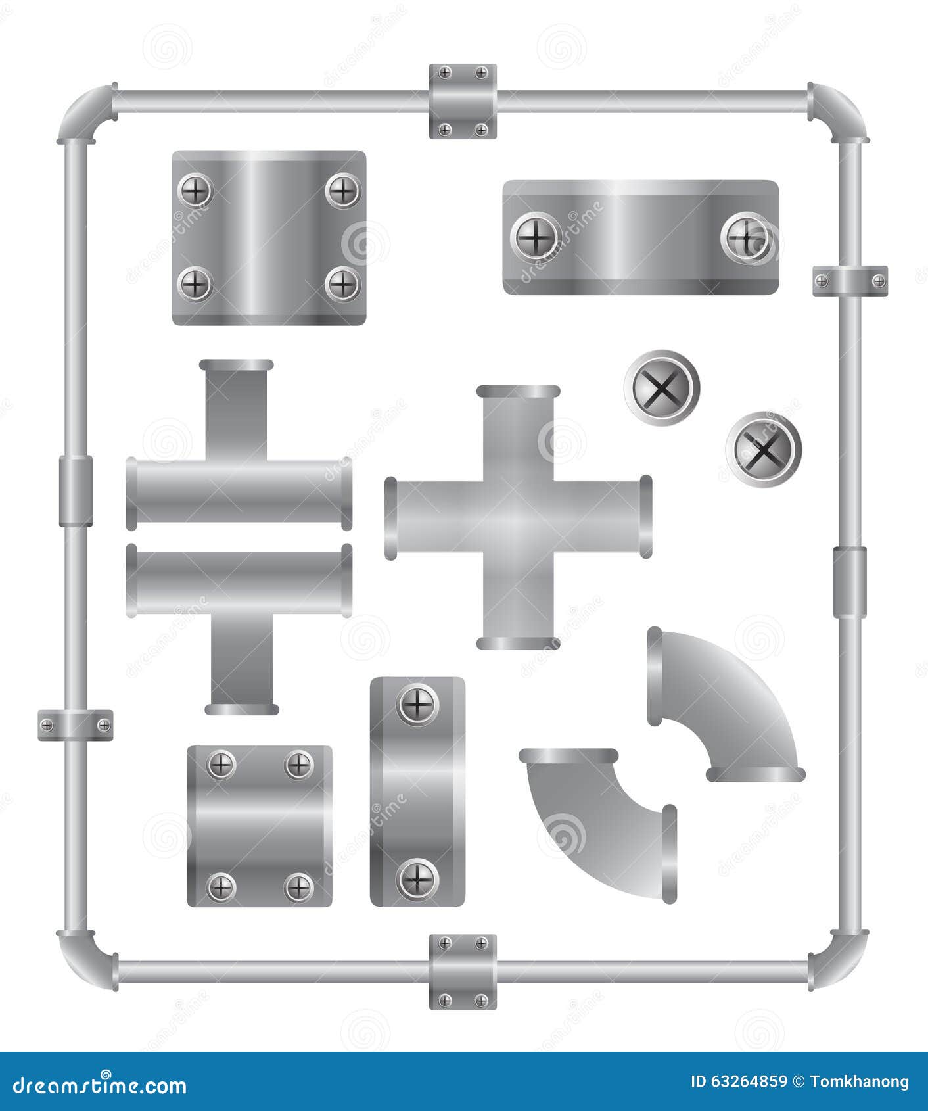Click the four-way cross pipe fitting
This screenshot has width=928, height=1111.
(518, 517)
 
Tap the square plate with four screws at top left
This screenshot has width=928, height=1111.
(269, 238)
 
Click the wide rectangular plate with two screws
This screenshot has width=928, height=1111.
(641, 237)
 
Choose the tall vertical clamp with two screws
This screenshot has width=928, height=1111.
(417, 792)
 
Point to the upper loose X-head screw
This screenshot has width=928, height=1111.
(662, 388)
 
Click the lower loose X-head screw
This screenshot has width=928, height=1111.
(764, 450)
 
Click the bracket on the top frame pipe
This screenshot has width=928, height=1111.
(463, 101)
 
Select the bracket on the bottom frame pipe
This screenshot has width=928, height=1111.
(463, 972)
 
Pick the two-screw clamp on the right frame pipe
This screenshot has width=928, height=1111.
(850, 281)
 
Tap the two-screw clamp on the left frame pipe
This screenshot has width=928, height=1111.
(76, 725)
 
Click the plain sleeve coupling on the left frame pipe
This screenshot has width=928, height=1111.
(76, 491)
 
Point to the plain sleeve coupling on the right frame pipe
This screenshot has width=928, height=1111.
(850, 582)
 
